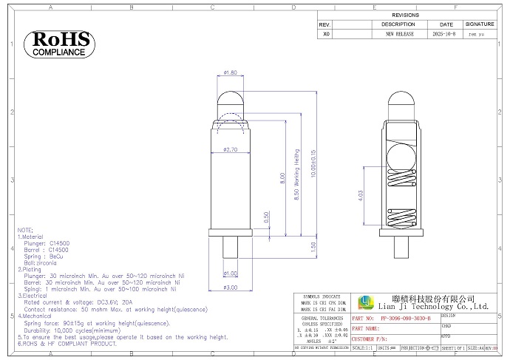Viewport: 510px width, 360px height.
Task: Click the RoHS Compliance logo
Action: tap(60, 44)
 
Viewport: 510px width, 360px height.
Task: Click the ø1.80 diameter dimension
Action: tap(230, 73)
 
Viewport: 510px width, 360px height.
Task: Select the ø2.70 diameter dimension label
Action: tap(230, 150)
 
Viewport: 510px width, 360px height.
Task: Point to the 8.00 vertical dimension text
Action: tap(282, 178)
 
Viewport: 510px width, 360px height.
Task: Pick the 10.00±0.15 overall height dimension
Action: tap(313, 171)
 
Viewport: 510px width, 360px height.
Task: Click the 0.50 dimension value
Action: tap(267, 217)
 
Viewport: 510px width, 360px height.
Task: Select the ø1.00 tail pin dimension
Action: tap(231, 274)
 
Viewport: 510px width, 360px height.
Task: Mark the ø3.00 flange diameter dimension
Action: tap(230, 288)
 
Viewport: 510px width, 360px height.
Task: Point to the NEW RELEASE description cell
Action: tap(398, 34)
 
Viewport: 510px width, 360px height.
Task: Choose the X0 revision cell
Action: tap(326, 34)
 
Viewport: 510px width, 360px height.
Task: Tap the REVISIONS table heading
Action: tap(405, 15)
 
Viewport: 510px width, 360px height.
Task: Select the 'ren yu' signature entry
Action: tap(477, 34)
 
